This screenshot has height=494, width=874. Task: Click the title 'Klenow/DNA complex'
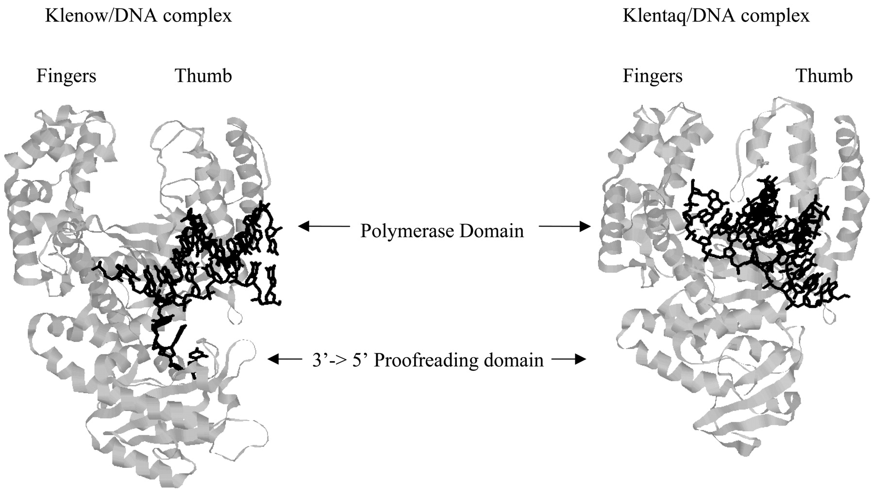coord(138,16)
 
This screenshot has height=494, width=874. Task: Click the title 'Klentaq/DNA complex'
coord(716,16)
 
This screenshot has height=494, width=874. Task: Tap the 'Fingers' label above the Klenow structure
coord(67,76)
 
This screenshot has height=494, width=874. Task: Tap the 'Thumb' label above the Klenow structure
coord(203,76)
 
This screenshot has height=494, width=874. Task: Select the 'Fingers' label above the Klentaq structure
coord(653,76)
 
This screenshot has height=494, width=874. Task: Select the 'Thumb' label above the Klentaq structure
coord(824,76)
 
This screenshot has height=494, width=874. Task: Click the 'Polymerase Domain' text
coord(442,231)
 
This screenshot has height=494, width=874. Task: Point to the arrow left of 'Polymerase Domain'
coord(324,226)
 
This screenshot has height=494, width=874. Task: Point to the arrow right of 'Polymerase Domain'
coord(565,226)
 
